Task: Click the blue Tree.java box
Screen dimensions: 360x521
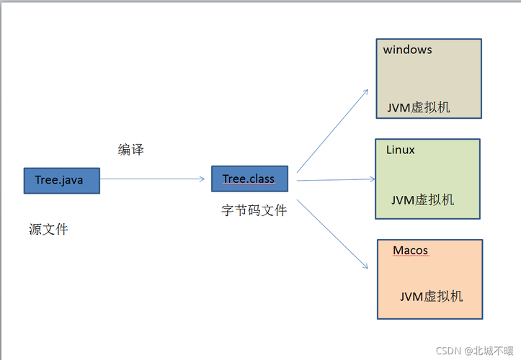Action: pyautogui.click(x=61, y=180)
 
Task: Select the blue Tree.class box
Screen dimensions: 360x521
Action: pyautogui.click(x=249, y=179)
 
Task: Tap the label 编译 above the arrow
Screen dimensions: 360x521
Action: pyautogui.click(x=131, y=149)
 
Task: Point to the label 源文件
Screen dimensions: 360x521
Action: pyautogui.click(x=49, y=229)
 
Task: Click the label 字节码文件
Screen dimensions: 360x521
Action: pyautogui.click(x=254, y=210)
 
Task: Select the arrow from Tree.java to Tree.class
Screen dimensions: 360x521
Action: pyautogui.click(x=151, y=179)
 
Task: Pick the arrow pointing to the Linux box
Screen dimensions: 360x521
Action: pyautogui.click(x=335, y=179)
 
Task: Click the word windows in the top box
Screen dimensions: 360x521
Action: pyautogui.click(x=408, y=50)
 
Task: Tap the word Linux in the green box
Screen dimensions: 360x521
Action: pyautogui.click(x=401, y=150)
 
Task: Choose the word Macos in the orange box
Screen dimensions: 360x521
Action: pyautogui.click(x=410, y=251)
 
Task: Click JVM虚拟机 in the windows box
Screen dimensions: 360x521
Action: pyautogui.click(x=419, y=107)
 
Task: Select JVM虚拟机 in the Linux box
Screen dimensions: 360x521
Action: pyautogui.click(x=423, y=199)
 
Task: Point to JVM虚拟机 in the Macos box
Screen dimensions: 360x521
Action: pyautogui.click(x=432, y=296)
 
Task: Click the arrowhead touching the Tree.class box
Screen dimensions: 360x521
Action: pyautogui.click(x=202, y=179)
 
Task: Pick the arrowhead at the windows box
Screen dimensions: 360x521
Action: pyautogui.click(x=365, y=92)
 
